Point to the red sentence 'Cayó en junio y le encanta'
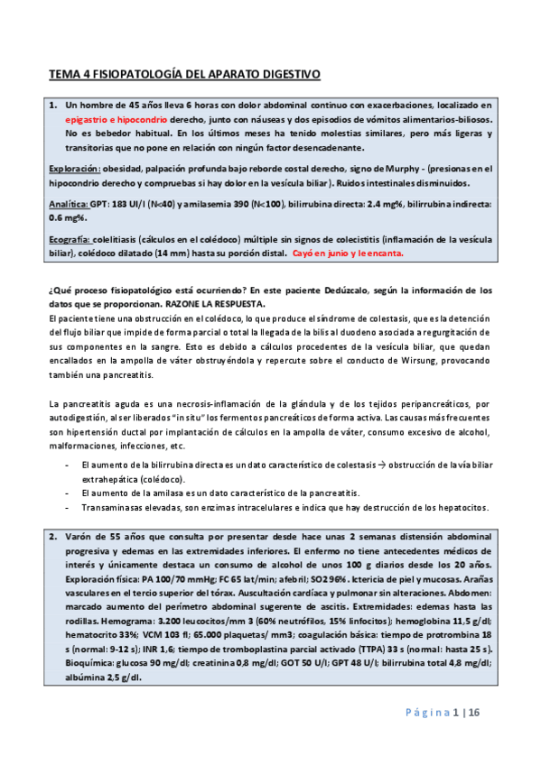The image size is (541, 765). [349, 253]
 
